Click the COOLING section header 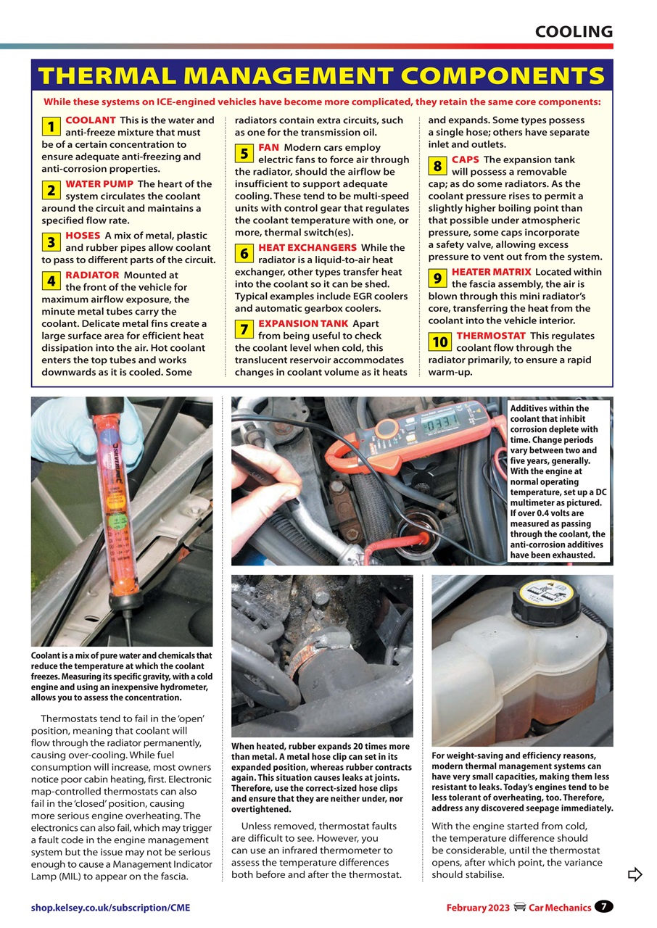point(574,31)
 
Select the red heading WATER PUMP point(99,184)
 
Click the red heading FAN point(269,147)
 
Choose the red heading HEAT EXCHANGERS point(307,247)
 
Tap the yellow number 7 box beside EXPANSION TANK point(244,330)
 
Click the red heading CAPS point(465,159)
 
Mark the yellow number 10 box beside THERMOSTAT point(439,341)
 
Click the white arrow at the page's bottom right point(635,874)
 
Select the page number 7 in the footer point(603,906)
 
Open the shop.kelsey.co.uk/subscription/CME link point(110,908)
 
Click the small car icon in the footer point(519,907)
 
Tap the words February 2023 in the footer point(477,908)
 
